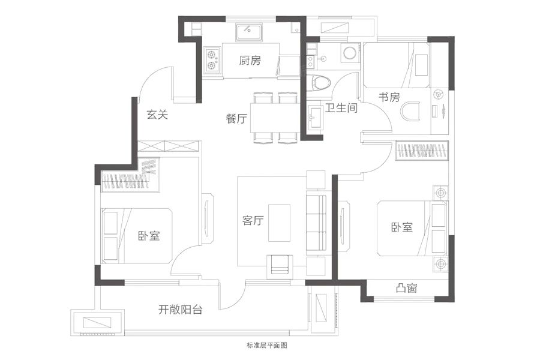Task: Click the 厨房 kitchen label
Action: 250,61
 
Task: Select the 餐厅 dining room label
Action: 237,119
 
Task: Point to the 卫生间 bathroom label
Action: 341,109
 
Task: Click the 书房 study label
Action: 389,97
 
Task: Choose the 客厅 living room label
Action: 254,221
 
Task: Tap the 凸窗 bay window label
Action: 407,289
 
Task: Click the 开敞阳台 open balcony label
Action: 180,310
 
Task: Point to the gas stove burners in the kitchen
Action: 211,59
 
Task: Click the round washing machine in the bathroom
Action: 349,53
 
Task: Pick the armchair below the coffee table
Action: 280,263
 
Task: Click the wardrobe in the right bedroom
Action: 422,150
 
